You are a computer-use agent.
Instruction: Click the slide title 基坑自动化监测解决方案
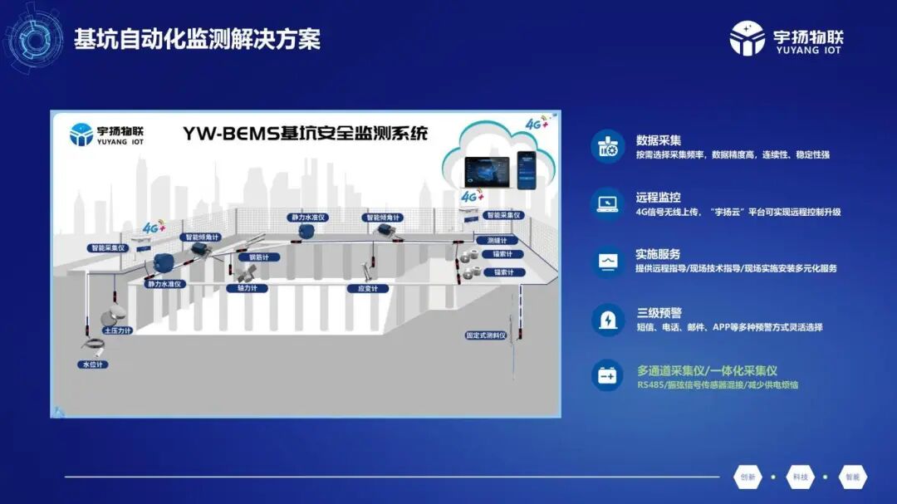197,39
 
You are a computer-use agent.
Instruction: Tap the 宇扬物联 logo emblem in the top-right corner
747,39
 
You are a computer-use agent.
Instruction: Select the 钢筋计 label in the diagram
260,257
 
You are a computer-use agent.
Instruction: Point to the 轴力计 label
247,288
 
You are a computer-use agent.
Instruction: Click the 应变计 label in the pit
367,289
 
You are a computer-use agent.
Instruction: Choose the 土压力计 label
117,330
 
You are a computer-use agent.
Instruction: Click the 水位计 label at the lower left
92,365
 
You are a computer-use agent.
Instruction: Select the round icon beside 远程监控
608,204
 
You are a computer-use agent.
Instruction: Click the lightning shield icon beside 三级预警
608,320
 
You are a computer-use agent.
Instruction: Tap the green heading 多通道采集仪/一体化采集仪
707,371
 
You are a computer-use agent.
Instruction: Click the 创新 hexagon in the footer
747,477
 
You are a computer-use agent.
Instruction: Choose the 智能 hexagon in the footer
853,477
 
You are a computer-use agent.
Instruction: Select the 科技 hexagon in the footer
800,477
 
